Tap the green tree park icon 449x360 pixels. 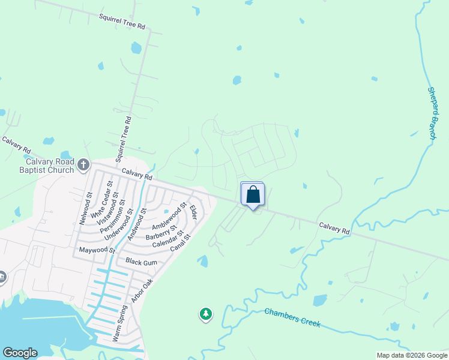pos(206,314)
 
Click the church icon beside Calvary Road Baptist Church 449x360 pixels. pos(83,164)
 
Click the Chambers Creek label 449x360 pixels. pos(292,318)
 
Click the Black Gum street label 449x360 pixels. pos(141,262)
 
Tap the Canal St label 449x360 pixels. pos(179,243)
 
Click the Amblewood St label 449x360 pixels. pos(169,217)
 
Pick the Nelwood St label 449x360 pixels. pos(85,208)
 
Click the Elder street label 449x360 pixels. pos(193,212)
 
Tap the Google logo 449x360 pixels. pos(20,353)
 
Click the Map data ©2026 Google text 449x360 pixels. pos(412,356)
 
